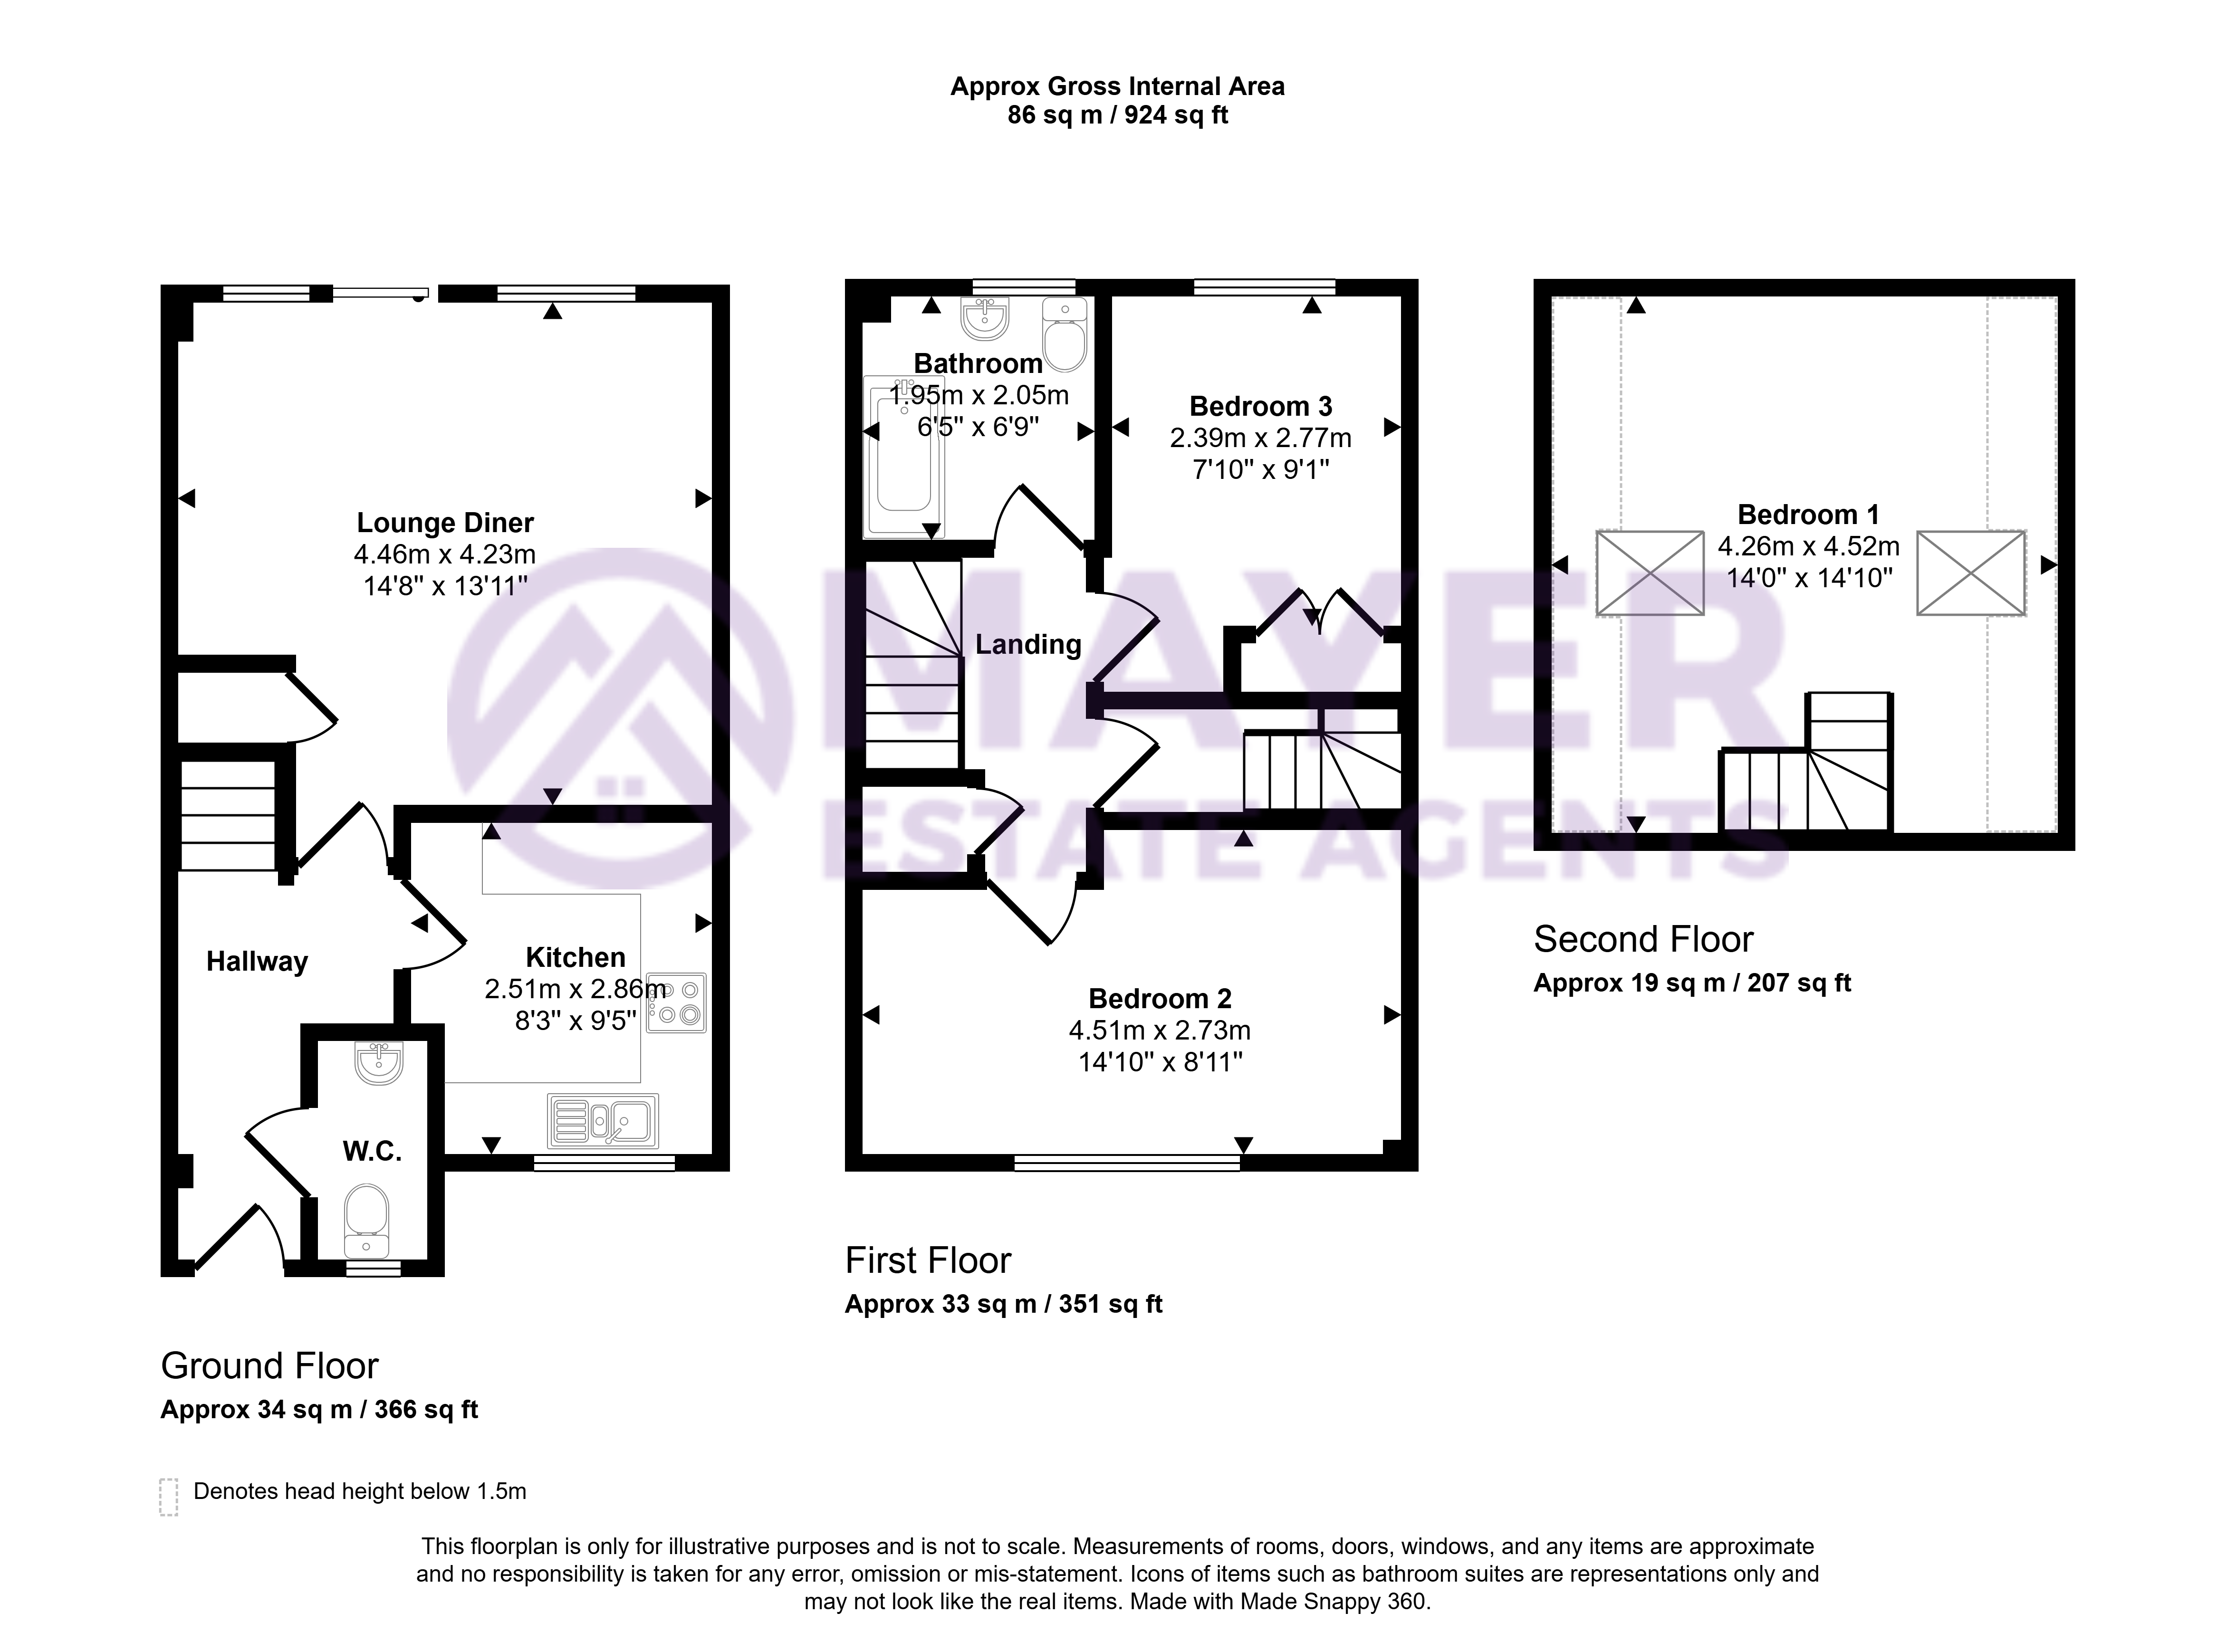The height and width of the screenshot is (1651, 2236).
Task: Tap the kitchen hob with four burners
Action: coord(677,1002)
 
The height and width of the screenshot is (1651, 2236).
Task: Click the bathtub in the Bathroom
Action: coord(903,457)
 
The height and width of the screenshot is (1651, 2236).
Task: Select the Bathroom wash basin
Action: coord(986,318)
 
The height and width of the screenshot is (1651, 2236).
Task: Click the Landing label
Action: coord(1028,645)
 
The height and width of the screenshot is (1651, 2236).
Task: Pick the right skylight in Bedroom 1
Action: coord(1971,573)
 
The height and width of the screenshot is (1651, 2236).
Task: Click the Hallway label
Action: coord(257,962)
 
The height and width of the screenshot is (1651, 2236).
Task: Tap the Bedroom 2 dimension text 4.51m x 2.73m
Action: coord(1160,1030)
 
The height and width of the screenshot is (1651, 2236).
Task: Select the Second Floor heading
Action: coord(1643,939)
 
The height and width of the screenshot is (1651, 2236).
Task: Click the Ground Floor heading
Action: coord(270,1365)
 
